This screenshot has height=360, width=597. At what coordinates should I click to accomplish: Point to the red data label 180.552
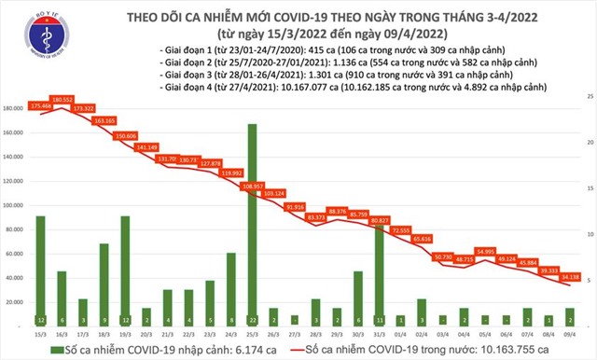point(62,99)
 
